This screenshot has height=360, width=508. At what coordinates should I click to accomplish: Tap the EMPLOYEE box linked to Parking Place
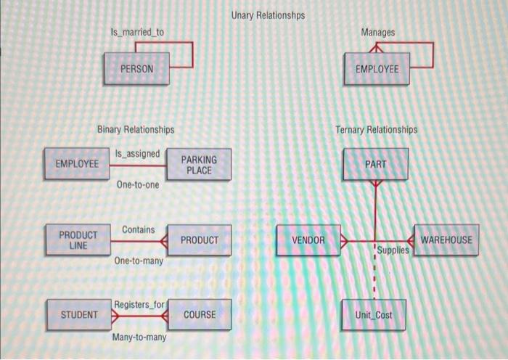76,164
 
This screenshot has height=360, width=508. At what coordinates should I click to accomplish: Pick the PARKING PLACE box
199,165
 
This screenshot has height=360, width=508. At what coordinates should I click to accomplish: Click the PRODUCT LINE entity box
78,240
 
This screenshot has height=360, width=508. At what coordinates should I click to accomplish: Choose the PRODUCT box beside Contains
200,240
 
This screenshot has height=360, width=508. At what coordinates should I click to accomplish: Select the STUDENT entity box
78,314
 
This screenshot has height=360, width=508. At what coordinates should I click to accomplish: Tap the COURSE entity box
200,314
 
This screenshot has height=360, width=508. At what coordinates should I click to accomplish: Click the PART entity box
376,165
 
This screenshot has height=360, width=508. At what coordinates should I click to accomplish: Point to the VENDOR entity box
308,240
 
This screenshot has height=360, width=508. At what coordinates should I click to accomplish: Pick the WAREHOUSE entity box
446,240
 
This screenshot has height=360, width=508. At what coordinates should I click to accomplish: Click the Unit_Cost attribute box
374,315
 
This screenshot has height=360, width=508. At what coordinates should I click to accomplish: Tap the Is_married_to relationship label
137,33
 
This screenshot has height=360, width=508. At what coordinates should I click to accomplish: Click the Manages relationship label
377,33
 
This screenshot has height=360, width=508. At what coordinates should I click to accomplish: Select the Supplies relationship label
394,249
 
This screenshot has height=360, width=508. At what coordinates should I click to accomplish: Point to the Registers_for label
139,303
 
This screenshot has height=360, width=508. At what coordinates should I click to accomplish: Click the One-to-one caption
137,185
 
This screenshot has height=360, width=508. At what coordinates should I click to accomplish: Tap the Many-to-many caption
139,337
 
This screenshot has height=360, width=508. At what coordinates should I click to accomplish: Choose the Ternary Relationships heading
377,130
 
